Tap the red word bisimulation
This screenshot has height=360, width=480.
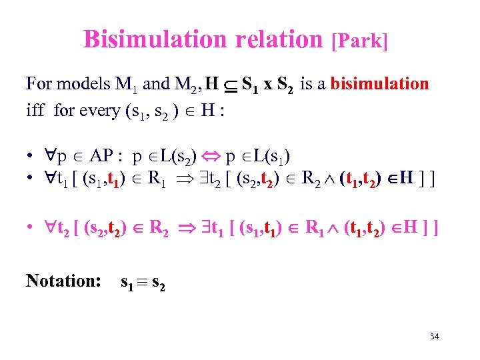click(380, 84)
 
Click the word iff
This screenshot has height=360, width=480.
click(35, 110)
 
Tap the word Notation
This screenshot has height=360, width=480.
click(63, 281)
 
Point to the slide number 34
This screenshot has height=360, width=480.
click(434, 337)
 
